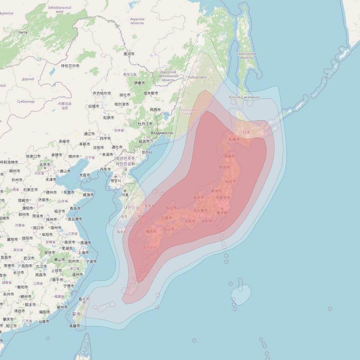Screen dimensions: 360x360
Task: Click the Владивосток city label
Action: point(162,133)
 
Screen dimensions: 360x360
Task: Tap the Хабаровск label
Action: point(197,77)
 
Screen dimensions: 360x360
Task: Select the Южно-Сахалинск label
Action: point(245,97)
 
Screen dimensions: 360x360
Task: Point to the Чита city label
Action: point(23,32)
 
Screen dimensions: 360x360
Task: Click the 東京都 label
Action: point(222,213)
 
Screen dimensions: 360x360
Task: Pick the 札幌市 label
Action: point(234,139)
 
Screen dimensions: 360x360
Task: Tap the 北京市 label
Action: point(45,164)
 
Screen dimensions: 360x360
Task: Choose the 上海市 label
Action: point(83,253)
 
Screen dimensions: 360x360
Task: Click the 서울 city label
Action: point(125,195)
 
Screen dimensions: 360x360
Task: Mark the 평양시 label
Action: point(116,180)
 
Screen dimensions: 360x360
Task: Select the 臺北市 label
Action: point(84,299)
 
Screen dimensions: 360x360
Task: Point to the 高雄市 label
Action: point(75,326)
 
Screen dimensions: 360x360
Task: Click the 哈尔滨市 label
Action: point(122,104)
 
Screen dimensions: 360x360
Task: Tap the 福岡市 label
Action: point(151,231)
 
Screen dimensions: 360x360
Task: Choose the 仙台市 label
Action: point(230,181)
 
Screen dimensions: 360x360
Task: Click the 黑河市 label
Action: point(129,54)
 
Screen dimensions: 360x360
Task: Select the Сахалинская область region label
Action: point(246,56)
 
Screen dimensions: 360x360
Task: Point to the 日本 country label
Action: point(246,132)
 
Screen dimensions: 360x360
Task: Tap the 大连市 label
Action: point(84,175)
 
